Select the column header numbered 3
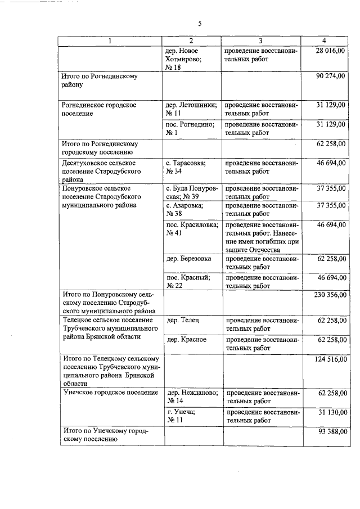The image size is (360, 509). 260,40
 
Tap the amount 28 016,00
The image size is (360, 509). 330,51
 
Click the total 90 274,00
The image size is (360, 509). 330,75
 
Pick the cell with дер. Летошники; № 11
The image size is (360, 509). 191,109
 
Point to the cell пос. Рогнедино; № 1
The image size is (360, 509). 191,128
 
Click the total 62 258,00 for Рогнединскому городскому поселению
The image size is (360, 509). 330,144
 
